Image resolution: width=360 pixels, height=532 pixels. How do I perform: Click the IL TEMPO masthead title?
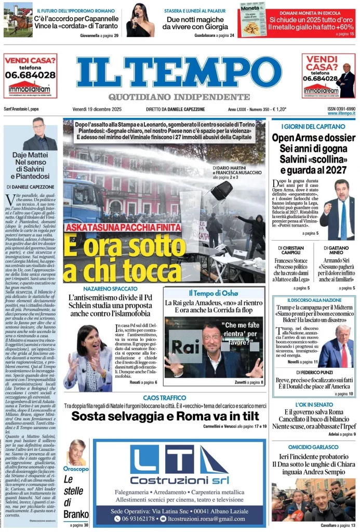pos(179,73)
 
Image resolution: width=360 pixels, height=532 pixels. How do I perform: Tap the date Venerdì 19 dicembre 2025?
pos(97,109)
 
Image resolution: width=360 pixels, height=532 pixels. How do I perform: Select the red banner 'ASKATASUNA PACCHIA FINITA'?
pos(123,227)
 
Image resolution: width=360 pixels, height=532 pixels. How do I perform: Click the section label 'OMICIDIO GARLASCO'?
pos(313,447)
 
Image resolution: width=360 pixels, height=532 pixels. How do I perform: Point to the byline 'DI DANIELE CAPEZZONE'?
pos(31,186)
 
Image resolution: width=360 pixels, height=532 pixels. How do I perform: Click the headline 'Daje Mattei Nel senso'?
pos(31,163)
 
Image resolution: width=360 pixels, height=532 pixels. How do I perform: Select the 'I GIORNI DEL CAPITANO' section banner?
pos(313,126)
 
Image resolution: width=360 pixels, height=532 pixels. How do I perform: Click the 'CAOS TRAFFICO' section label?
pos(164,397)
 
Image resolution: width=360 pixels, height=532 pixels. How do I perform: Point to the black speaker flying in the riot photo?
pos(221,190)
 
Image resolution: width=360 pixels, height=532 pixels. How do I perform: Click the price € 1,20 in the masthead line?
pos(279,109)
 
